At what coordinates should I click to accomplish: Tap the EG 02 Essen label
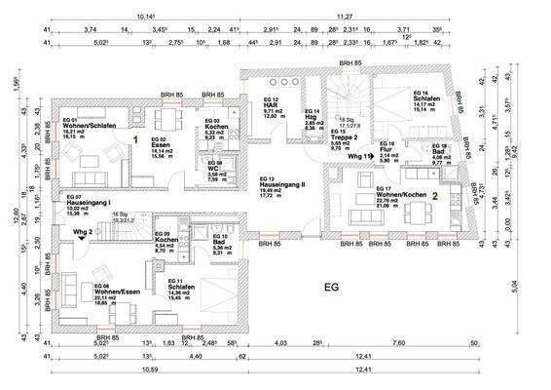pyautogui.click(x=154, y=147)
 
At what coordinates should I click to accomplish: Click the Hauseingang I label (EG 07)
pyautogui.click(x=88, y=204)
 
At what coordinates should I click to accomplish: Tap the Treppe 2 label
pyautogui.click(x=344, y=136)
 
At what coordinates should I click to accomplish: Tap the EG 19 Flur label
pyautogui.click(x=388, y=152)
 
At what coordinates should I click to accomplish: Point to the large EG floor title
pyautogui.click(x=331, y=289)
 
